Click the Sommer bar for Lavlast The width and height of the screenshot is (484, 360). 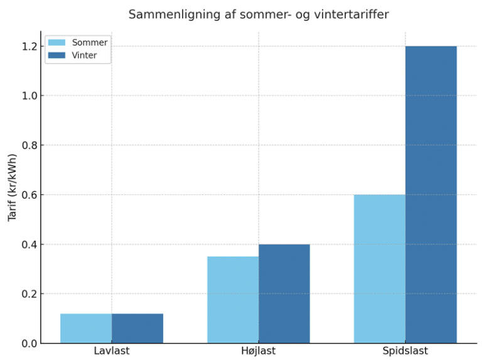[86, 328]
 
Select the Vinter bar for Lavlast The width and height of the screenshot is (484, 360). [137, 328]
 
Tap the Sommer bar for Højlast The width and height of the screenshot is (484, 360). [233, 300]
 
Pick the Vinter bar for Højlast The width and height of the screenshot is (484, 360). [284, 294]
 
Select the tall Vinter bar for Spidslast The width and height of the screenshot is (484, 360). [431, 194]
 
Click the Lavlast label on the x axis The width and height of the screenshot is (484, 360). [112, 351]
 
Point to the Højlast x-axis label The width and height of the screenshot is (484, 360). [259, 351]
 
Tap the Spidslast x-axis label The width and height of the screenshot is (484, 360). [406, 351]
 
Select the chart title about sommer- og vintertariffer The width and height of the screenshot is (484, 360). [259, 14]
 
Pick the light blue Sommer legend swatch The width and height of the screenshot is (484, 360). [57, 43]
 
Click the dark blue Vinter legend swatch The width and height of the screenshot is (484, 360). [57, 56]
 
